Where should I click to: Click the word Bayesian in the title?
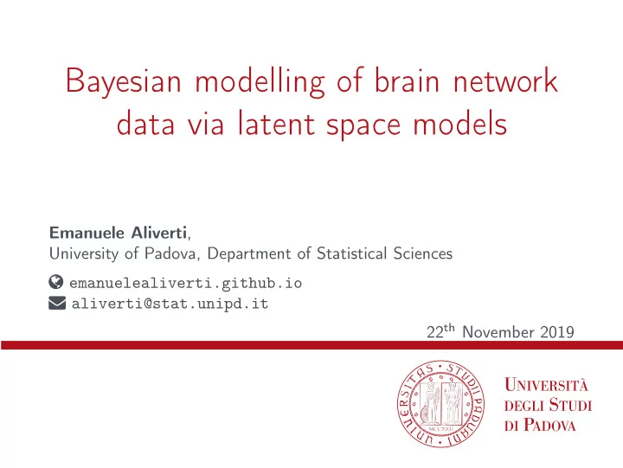point(123,83)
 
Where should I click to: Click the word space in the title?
point(363,125)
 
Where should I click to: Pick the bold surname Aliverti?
point(159,233)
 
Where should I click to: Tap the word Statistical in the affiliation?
point(351,253)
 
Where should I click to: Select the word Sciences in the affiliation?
point(423,253)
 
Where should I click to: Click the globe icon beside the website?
point(56,282)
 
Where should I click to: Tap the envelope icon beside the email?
point(57,303)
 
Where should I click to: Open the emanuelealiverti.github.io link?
point(185,283)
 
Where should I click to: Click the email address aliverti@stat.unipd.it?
point(170,304)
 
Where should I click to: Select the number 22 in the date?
point(434,332)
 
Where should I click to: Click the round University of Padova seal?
point(440,404)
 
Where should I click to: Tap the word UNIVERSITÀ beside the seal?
point(546,385)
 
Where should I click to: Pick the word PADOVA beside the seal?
point(549,425)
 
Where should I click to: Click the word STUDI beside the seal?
point(570,405)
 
